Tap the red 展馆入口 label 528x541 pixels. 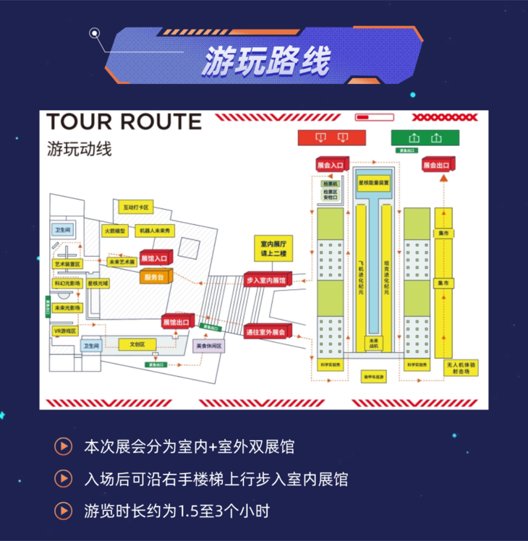pos(153,257)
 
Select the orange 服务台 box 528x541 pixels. pos(155,276)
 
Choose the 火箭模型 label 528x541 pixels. pos(114,231)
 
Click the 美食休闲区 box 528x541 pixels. pos(209,346)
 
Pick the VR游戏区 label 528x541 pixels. pos(65,331)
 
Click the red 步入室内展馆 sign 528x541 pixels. pos(265,279)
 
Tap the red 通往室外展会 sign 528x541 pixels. pos(265,331)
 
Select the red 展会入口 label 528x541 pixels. pos(332,166)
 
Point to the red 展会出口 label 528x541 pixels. pos(436,166)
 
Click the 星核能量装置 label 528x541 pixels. pos(373,183)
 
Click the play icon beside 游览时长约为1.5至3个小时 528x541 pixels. pos(64,511)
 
